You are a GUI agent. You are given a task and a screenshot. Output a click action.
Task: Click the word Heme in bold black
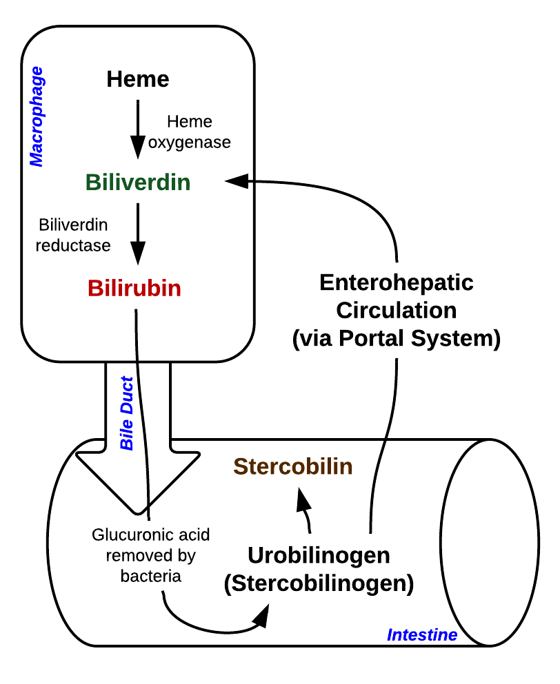(x=138, y=79)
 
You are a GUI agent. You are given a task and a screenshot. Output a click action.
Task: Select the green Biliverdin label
(x=138, y=183)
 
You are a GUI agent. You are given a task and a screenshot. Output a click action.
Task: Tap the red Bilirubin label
(x=134, y=288)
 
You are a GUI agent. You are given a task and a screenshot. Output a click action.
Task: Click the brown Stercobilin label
(x=293, y=467)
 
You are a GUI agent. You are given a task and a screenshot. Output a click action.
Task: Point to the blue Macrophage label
(x=37, y=116)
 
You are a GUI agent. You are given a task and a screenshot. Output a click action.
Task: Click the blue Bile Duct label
(x=127, y=413)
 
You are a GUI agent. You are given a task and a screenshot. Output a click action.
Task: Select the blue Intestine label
(x=422, y=634)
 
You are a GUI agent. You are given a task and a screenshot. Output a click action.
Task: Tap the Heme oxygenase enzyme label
(x=190, y=132)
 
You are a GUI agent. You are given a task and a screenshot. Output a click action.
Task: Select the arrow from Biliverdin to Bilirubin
(x=138, y=234)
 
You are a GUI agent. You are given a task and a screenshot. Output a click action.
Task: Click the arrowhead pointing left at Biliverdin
(x=237, y=181)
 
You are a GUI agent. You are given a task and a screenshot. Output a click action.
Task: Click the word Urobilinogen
(x=319, y=555)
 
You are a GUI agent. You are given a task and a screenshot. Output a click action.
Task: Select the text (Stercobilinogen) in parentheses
(x=319, y=583)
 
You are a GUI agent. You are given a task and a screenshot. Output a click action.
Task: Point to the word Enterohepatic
(x=397, y=282)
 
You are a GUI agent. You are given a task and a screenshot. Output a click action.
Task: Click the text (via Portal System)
(x=397, y=338)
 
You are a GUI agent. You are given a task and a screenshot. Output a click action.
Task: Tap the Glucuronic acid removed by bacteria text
(x=151, y=555)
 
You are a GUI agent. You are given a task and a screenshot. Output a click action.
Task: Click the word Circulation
(x=397, y=310)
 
